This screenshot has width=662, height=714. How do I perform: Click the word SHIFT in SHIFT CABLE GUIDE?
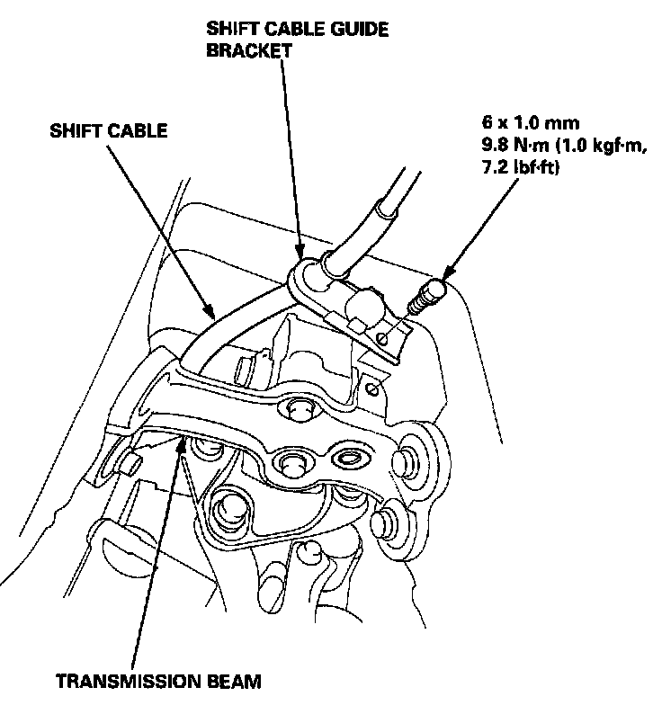pos(229,28)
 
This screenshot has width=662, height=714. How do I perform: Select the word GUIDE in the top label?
pos(361,28)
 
